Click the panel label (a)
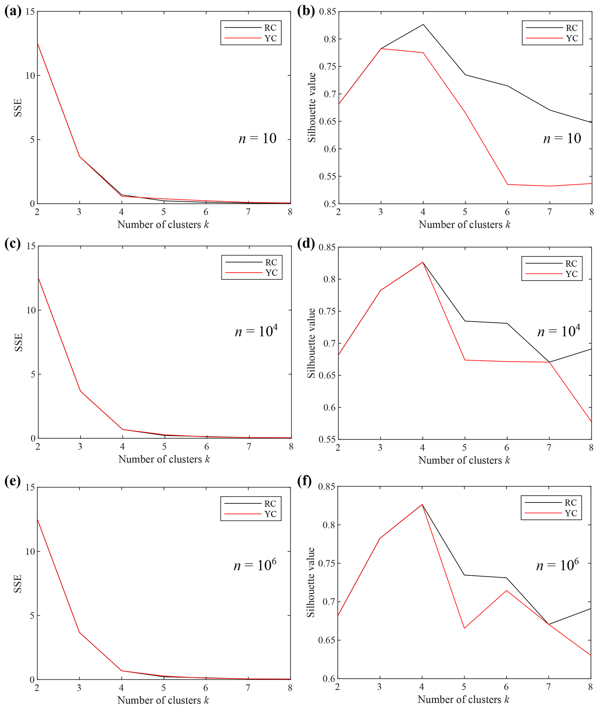point(13,12)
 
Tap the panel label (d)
point(306,244)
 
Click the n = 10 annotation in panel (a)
point(257,139)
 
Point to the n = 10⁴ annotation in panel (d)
point(559,331)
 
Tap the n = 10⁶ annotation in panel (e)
point(255,565)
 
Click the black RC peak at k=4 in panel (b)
point(423,24)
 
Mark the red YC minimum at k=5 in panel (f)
point(464,628)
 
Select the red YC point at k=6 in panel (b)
point(507,184)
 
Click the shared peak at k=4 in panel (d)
point(423,262)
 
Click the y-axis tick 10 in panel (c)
point(30,310)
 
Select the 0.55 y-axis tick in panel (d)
point(327,440)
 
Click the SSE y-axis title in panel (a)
point(18,108)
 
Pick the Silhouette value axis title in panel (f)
point(310,583)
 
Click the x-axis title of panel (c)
point(164,459)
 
